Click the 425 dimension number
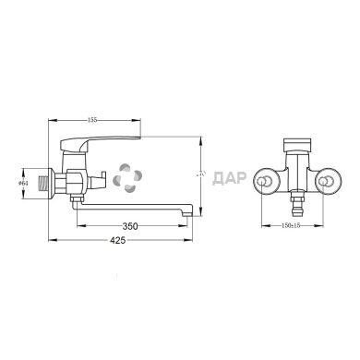[x=132, y=243]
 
